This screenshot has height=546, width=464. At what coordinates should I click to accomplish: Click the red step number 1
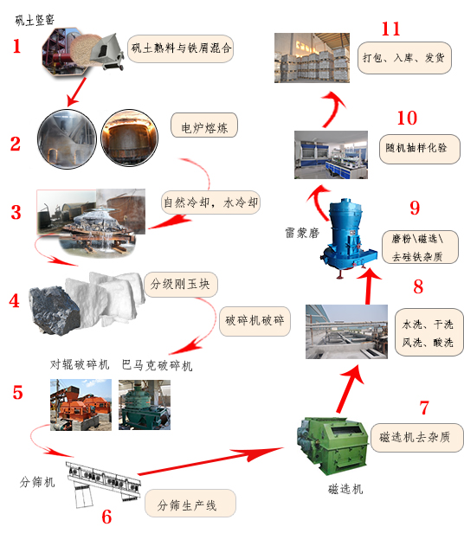click(16, 46)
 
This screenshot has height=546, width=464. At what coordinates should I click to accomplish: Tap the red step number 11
click(390, 29)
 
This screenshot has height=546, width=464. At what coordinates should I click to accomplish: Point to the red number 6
click(106, 517)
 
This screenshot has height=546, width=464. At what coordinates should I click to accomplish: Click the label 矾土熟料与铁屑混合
click(180, 48)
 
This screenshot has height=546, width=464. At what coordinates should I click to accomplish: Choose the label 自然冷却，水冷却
click(210, 202)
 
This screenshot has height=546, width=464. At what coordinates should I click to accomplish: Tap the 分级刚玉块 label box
click(181, 285)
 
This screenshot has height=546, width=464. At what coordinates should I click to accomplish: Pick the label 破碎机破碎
click(255, 321)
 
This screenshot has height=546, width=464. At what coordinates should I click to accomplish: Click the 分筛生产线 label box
click(190, 504)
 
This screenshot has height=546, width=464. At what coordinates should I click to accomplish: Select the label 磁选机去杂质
click(417, 438)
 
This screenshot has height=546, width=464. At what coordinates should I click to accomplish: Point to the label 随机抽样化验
click(419, 149)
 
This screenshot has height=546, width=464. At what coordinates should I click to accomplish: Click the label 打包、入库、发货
click(404, 58)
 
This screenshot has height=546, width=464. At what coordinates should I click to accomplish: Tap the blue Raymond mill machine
click(348, 237)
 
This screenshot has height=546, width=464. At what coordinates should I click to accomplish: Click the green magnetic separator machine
click(332, 445)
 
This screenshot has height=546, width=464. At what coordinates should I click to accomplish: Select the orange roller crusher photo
click(81, 405)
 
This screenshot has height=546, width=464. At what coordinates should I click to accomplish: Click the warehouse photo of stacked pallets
click(312, 58)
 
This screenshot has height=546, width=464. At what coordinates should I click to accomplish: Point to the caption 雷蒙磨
click(302, 233)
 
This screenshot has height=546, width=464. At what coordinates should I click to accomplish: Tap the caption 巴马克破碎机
click(157, 365)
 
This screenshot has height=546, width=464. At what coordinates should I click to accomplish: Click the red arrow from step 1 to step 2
click(77, 92)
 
